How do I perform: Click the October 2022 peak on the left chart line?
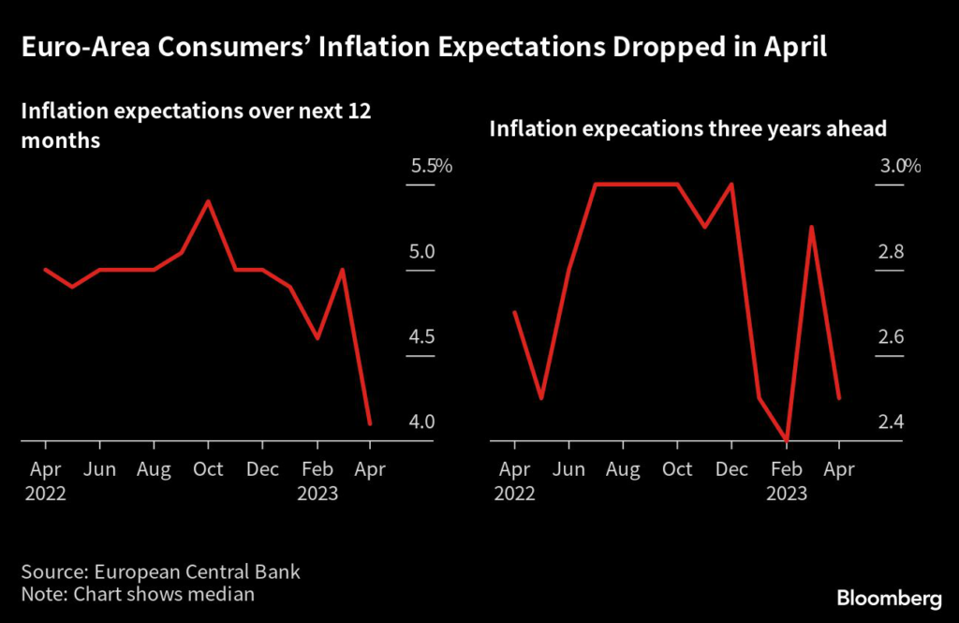[x=208, y=200]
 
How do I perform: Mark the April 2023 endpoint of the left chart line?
[x=371, y=424]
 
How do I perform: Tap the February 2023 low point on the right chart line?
[x=785, y=439]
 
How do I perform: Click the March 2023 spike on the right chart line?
[x=811, y=226]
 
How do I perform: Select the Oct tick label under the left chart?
[x=208, y=468]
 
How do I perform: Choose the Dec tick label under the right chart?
[x=731, y=468]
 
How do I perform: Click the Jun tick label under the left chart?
[x=99, y=468]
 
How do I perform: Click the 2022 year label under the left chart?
[x=45, y=494]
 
